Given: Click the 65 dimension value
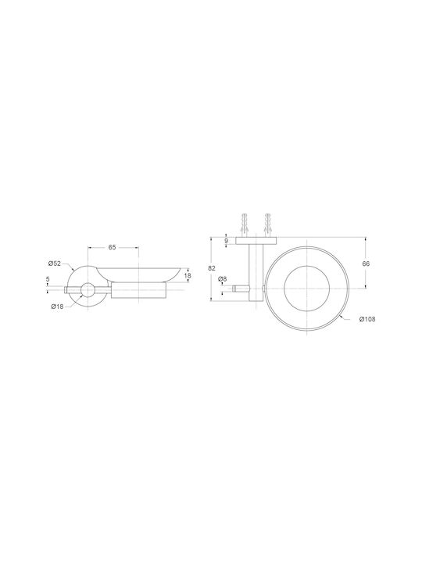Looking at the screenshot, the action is click(x=112, y=247).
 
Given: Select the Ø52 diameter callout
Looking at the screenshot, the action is click(x=55, y=264).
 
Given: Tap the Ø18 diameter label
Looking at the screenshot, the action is click(x=57, y=307).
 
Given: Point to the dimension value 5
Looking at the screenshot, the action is click(x=48, y=278).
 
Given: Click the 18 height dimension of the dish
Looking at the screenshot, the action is click(x=188, y=276).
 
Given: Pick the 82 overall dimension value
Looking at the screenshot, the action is click(x=213, y=267).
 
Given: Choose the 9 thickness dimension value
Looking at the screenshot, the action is click(x=227, y=241).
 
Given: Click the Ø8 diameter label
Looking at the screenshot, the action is click(x=223, y=279).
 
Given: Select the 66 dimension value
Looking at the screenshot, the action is click(x=366, y=264).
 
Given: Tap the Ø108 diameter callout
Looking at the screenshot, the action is click(x=367, y=319).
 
